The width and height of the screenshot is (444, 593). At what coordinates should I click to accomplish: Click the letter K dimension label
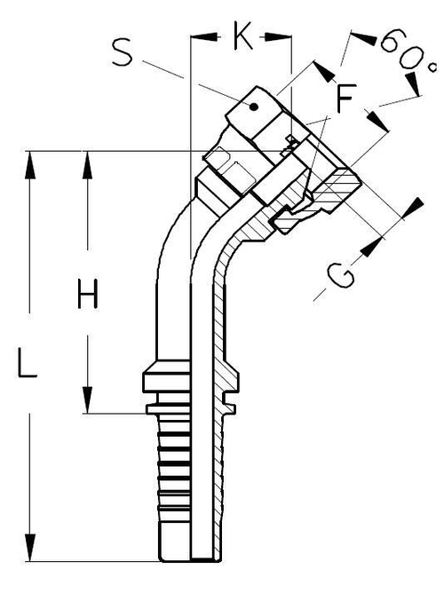[x=241, y=37]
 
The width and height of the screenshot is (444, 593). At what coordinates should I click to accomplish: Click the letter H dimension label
[x=86, y=294]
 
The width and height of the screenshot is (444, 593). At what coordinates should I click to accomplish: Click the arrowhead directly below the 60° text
[x=413, y=87]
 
